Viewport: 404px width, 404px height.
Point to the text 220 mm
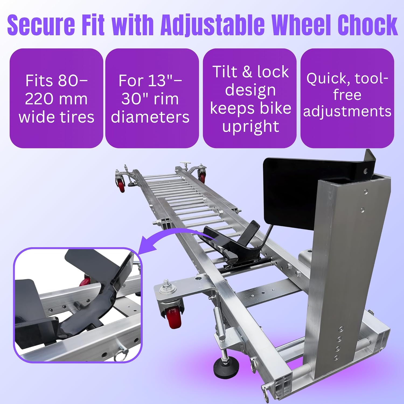point(56,99)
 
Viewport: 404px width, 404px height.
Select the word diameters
point(150,117)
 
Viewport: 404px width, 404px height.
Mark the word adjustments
point(347,111)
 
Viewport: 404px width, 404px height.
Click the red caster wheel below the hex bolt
point(172,318)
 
